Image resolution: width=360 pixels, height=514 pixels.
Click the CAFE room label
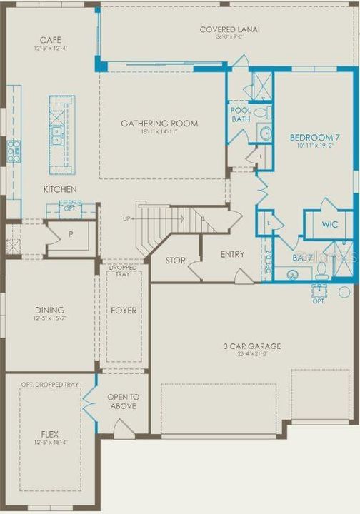[x=50, y=40]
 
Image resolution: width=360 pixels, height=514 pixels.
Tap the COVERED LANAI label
[x=229, y=29]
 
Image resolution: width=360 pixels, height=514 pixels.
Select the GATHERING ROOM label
[x=159, y=124]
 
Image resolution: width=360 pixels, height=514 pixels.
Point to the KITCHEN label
[x=60, y=189]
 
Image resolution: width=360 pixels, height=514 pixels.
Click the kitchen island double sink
[x=56, y=131]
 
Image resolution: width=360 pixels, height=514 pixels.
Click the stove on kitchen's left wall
[x=13, y=150]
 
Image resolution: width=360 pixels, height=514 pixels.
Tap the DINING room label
[x=50, y=310]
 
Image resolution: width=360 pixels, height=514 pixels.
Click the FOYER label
[x=124, y=311]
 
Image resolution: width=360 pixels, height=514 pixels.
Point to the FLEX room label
[x=50, y=433]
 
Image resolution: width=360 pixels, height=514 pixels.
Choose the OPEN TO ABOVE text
[x=124, y=402]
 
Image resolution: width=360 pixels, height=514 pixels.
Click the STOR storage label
[x=175, y=261]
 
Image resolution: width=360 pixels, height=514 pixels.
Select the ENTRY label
[x=232, y=254]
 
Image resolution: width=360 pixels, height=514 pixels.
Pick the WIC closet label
[x=329, y=224]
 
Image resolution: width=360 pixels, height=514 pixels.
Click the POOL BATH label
[x=240, y=114]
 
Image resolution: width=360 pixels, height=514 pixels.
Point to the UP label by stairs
[x=126, y=218]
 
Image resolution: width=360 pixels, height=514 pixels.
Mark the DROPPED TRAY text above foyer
[x=123, y=270]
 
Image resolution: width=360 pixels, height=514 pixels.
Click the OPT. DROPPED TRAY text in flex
[x=50, y=385]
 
